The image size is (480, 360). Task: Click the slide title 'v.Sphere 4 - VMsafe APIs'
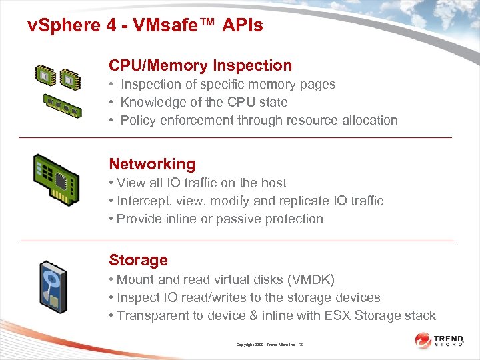[x=145, y=26]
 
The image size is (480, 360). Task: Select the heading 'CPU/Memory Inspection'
[x=201, y=65]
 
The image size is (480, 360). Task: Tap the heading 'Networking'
[x=152, y=164]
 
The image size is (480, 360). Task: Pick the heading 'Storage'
[x=138, y=260]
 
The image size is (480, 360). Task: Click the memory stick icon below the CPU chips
[x=62, y=104]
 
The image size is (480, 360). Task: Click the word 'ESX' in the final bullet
[x=339, y=315]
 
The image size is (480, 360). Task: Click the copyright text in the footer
[x=270, y=344]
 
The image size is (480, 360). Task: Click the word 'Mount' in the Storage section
[x=135, y=279]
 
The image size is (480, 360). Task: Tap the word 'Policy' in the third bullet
[x=138, y=120]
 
